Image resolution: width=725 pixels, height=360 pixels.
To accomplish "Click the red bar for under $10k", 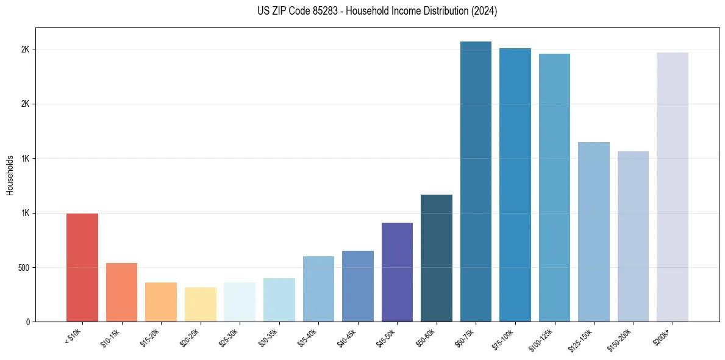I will click(82, 268).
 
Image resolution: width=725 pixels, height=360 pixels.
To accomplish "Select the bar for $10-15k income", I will click(121, 292).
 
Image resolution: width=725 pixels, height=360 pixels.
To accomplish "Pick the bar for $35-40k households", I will click(318, 289).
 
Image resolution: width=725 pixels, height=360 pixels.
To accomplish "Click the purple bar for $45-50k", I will click(397, 272).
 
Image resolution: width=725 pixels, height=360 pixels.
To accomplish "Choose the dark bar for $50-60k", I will click(437, 258).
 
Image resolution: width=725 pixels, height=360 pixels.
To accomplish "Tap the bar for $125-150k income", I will click(594, 232).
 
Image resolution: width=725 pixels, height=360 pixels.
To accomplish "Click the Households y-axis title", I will click(10, 175).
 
